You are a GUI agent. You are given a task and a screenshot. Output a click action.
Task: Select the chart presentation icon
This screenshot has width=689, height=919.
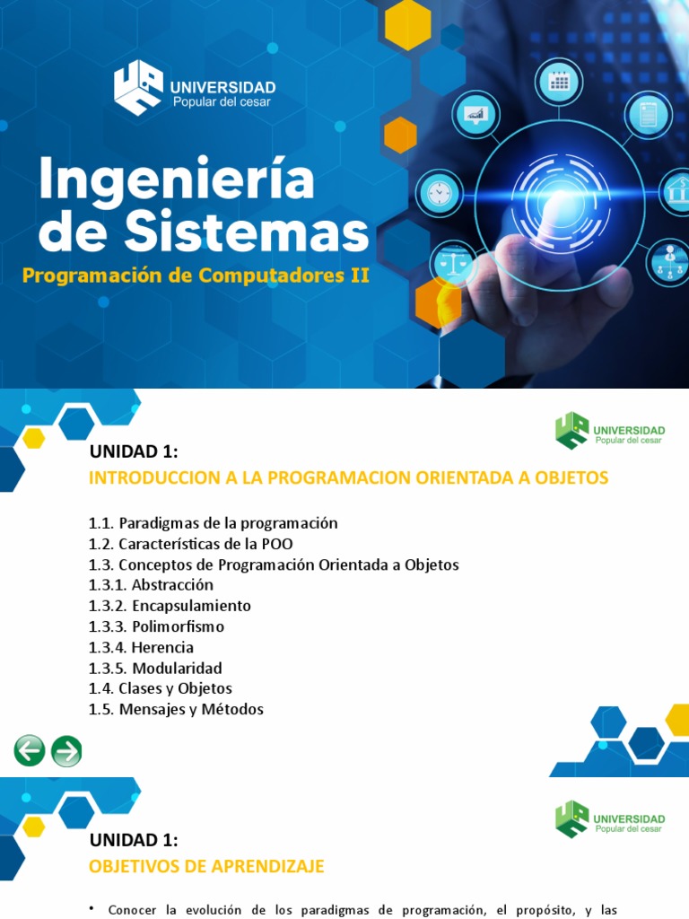click(475, 115)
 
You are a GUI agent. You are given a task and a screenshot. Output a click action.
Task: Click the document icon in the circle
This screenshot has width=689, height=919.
click(643, 114)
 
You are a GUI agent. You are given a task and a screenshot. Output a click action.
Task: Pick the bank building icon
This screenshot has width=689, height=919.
click(679, 191)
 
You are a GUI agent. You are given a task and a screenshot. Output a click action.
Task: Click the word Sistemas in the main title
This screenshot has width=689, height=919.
click(245, 232)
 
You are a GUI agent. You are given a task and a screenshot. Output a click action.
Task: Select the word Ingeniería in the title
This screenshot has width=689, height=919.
click(178, 179)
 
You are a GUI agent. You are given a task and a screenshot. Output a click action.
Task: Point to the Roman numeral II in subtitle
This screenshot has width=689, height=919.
click(358, 276)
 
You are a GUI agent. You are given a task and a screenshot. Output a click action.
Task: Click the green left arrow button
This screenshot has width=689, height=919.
click(29, 749)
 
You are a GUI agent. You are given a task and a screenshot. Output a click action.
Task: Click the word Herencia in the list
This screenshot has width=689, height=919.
click(162, 647)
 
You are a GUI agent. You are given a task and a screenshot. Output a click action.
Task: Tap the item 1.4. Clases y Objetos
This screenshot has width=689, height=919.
click(160, 688)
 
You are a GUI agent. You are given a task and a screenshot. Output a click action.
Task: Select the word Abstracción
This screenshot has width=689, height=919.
click(172, 585)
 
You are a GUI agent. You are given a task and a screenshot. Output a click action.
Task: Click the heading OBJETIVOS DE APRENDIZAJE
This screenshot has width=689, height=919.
click(206, 866)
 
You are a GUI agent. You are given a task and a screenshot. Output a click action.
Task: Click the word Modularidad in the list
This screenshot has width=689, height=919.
click(177, 668)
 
